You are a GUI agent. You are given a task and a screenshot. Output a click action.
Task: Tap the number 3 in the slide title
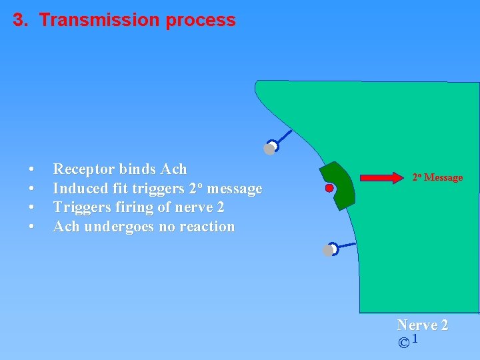tap(19, 20)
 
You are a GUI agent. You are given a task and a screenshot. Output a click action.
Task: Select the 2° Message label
tap(437, 177)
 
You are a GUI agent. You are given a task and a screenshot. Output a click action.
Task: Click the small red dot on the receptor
tap(329, 189)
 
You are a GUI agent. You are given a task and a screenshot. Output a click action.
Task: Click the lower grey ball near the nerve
tap(327, 251)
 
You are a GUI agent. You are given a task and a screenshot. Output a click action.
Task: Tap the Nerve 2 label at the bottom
tap(423, 325)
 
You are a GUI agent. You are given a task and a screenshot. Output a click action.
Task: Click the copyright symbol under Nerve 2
tap(403, 343)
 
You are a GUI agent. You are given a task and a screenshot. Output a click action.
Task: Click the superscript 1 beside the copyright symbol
tap(415, 340)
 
